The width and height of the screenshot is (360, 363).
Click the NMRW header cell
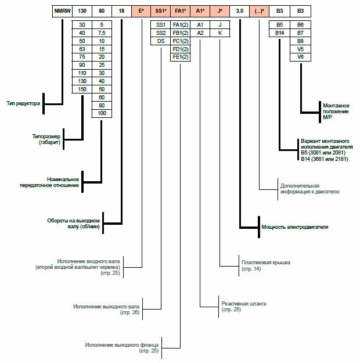pos(61,11)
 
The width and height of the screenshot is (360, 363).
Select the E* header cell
pos(141,11)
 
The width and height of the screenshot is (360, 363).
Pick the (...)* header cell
pos(260,11)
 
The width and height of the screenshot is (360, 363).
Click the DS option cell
pos(161,41)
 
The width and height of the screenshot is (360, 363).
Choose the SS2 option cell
pos(161,33)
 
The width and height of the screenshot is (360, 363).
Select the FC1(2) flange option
pos(181,41)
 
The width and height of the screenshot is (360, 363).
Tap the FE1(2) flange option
pos(181,57)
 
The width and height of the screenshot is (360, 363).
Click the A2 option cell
pos(200,33)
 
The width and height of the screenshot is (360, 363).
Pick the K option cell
pos(220,33)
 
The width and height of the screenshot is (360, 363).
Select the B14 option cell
pos(279,33)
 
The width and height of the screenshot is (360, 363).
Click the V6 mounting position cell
pos(300,57)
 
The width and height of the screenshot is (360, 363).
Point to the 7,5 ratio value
pos(102,33)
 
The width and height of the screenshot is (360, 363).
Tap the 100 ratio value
pos(102,113)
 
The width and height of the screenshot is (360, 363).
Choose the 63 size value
pos(82,49)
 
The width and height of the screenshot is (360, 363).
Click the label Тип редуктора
pos(23,103)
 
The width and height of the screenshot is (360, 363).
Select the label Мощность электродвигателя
pos(295,227)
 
